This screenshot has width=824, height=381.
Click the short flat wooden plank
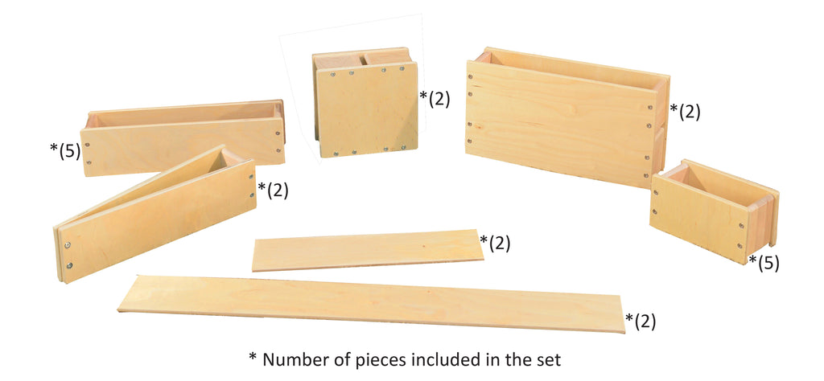coord(367,250)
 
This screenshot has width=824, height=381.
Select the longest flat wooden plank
coord(371,303)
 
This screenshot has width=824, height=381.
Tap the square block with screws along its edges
coord(366,102)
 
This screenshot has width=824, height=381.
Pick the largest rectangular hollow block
coord(566,117)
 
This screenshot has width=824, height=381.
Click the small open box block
coord(714,211)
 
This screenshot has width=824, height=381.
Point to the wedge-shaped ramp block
coord(155,215)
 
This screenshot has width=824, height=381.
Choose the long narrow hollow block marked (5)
coord(183,137)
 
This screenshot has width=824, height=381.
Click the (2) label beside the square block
coord(435,99)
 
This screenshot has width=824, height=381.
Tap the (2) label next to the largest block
coord(686,112)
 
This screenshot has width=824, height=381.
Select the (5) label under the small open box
coord(764,262)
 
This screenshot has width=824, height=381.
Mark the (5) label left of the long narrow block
coord(65,150)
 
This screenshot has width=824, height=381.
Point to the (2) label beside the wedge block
coord(274,190)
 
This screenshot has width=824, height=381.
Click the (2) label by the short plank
coord(495,243)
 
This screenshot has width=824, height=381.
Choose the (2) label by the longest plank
coord(641,322)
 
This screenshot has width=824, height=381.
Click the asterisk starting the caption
coord(253,357)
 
